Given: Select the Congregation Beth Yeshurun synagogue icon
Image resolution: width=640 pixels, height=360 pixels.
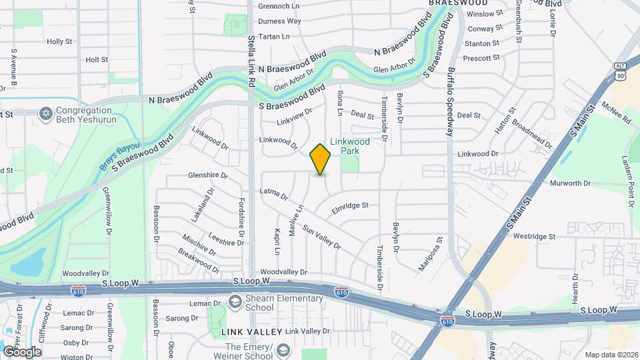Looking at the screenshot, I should tap(46, 114).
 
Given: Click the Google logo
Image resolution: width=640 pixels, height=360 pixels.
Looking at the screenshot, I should tap(22, 351).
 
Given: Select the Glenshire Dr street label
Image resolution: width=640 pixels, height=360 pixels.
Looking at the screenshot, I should tap(208, 176).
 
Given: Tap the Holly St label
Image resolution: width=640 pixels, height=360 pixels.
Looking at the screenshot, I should tap(59, 41).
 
